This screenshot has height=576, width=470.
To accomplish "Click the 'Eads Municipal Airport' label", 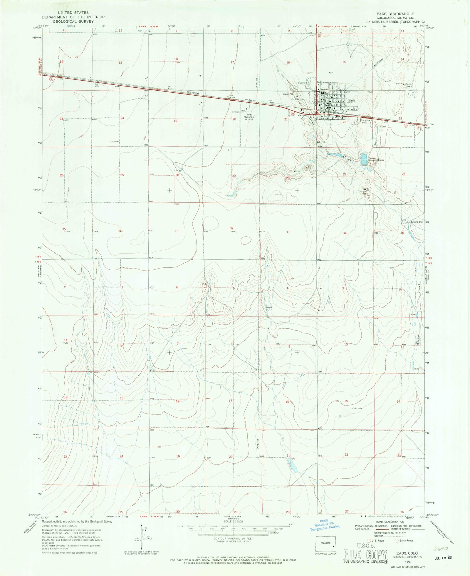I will click(x=249, y=117).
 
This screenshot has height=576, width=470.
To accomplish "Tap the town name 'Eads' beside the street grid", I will click(x=352, y=100).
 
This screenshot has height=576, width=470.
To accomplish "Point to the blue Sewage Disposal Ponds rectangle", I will click(x=364, y=159).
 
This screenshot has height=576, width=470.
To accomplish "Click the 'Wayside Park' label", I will click(x=366, y=121).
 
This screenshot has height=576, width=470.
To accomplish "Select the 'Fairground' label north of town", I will click(x=302, y=83).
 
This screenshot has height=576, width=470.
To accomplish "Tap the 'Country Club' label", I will click(x=298, y=99).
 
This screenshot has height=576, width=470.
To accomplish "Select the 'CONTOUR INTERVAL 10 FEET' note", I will click(x=233, y=538).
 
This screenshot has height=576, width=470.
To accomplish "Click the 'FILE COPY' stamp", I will click(x=365, y=555).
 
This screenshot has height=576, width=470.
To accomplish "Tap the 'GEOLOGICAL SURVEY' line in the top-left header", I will click(x=73, y=21).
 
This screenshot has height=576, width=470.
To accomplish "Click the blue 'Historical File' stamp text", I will click(x=324, y=524).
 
